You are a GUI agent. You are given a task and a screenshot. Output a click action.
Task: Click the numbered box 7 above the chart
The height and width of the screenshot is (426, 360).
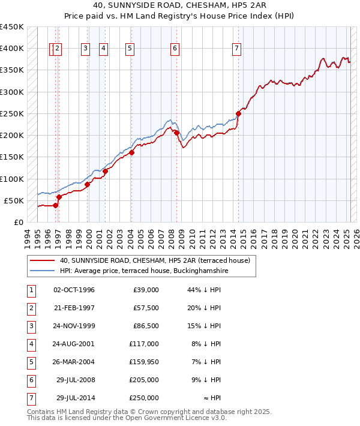tap(237, 49)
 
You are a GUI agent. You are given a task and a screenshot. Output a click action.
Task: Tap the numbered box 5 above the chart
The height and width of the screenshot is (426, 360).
tap(130, 49)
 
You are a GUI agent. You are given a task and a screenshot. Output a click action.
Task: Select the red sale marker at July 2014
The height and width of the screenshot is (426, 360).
tap(238, 113)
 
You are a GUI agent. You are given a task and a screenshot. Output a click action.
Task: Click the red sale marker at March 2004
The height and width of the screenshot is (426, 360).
tap(131, 152)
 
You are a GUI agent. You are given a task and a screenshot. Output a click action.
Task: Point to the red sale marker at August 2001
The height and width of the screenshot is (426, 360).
tap(105, 171)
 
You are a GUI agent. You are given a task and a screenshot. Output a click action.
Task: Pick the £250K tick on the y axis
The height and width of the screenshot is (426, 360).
tap(13, 113)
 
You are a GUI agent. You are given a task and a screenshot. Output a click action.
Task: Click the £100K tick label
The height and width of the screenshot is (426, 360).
tap(13, 179)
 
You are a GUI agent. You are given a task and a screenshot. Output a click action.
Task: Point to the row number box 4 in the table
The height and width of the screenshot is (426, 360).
tap(31, 344)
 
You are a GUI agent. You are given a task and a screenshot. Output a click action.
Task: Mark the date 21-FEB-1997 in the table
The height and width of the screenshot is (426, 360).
tap(74, 308)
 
